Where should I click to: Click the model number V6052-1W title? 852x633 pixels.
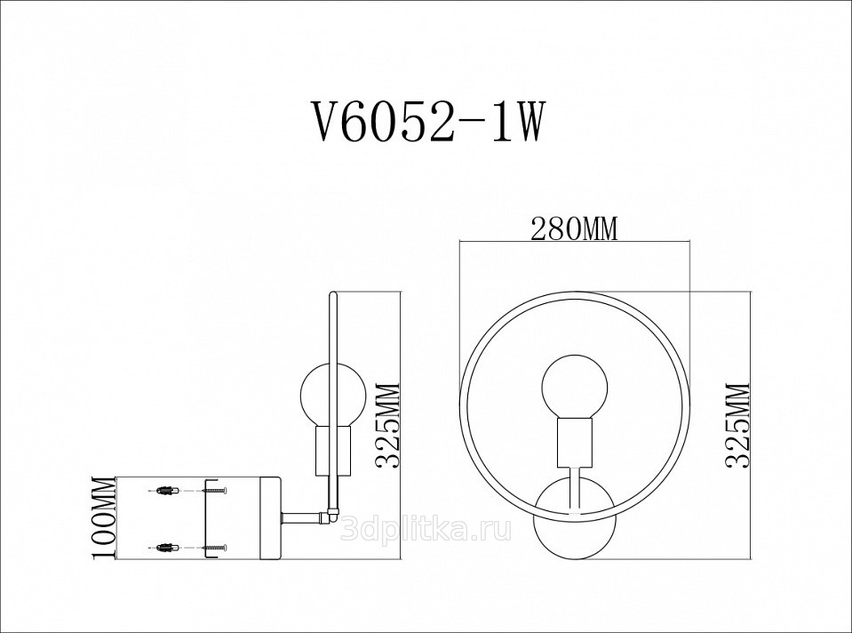click(426, 123)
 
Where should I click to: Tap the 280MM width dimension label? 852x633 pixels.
click(574, 229)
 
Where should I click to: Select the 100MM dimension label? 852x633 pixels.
click(104, 517)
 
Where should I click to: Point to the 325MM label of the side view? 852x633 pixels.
click(387, 427)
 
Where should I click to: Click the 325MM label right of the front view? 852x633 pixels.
click(737, 425)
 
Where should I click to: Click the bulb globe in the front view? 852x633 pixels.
click(574, 388)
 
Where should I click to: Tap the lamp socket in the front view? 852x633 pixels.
click(574, 443)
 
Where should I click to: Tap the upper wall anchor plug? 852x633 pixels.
click(166, 491)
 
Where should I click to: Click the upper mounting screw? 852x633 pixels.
click(215, 491)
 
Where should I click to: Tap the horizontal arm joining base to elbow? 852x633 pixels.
click(301, 518)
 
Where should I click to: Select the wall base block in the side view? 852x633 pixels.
click(270, 518)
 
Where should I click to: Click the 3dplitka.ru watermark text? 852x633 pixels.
click(426, 528)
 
